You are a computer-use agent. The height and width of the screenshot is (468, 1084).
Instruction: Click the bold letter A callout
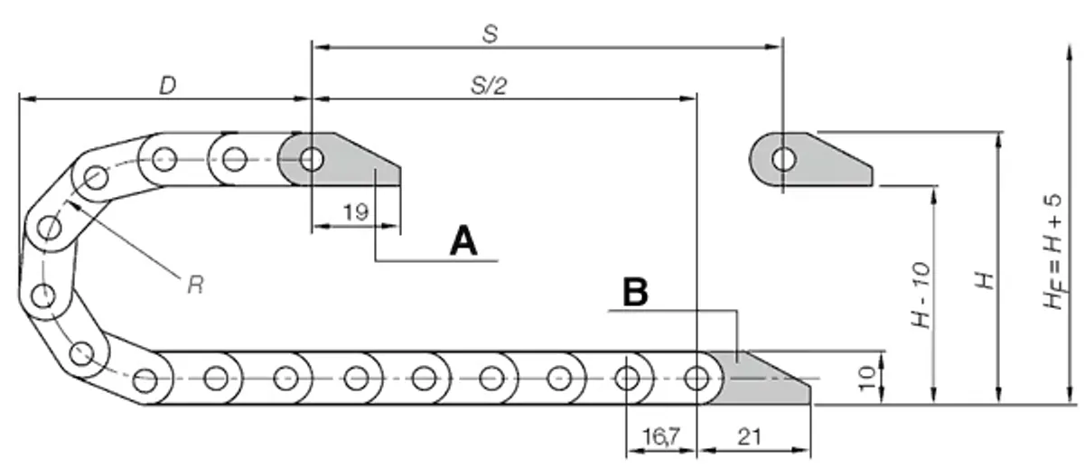[x=463, y=240]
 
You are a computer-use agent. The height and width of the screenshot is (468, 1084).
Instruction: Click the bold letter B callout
[x=635, y=292]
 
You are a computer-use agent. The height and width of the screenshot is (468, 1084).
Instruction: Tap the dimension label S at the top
[x=490, y=34]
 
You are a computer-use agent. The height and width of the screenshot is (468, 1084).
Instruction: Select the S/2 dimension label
[x=489, y=86]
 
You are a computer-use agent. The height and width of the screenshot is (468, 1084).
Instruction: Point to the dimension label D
[x=167, y=86]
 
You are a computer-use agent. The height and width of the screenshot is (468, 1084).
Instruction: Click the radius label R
[x=195, y=285]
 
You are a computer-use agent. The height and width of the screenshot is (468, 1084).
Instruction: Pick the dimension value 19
[x=356, y=212]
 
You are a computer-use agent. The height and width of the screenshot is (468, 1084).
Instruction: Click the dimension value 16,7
[x=661, y=437]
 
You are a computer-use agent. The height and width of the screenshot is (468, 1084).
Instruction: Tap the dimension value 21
[x=750, y=437]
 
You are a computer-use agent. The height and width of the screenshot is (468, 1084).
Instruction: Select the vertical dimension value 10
[x=866, y=378]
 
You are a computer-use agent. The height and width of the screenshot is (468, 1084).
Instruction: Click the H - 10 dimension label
[x=920, y=295]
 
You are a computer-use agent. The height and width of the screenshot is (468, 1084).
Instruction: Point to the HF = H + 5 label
[x=1053, y=252]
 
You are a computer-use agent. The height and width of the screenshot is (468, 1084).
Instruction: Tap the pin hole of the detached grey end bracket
[x=783, y=159]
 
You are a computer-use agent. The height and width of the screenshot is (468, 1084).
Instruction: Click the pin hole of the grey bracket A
[x=312, y=159]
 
